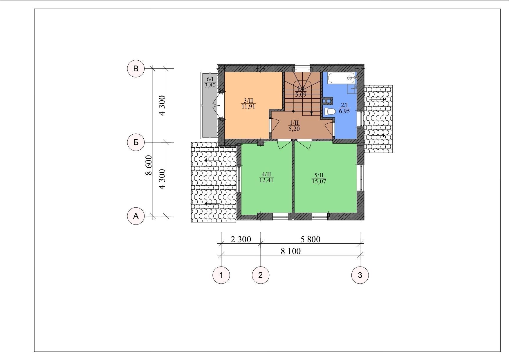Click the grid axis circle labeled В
click(x=136, y=69)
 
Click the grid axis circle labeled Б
click(x=136, y=142)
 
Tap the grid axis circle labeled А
click(x=136, y=216)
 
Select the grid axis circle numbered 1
click(x=221, y=275)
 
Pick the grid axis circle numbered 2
click(x=260, y=275)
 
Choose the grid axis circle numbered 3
click(x=360, y=275)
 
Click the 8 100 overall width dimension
click(x=290, y=251)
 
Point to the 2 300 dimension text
click(x=241, y=239)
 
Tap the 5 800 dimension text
click(x=310, y=239)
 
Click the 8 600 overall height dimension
click(x=149, y=165)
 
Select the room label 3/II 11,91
click(x=248, y=103)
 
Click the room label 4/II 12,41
click(x=266, y=177)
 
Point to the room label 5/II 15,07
click(x=319, y=178)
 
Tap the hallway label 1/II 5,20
click(x=294, y=126)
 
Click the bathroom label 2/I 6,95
click(x=344, y=108)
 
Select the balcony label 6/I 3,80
click(x=210, y=82)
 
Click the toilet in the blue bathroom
click(x=330, y=111)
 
